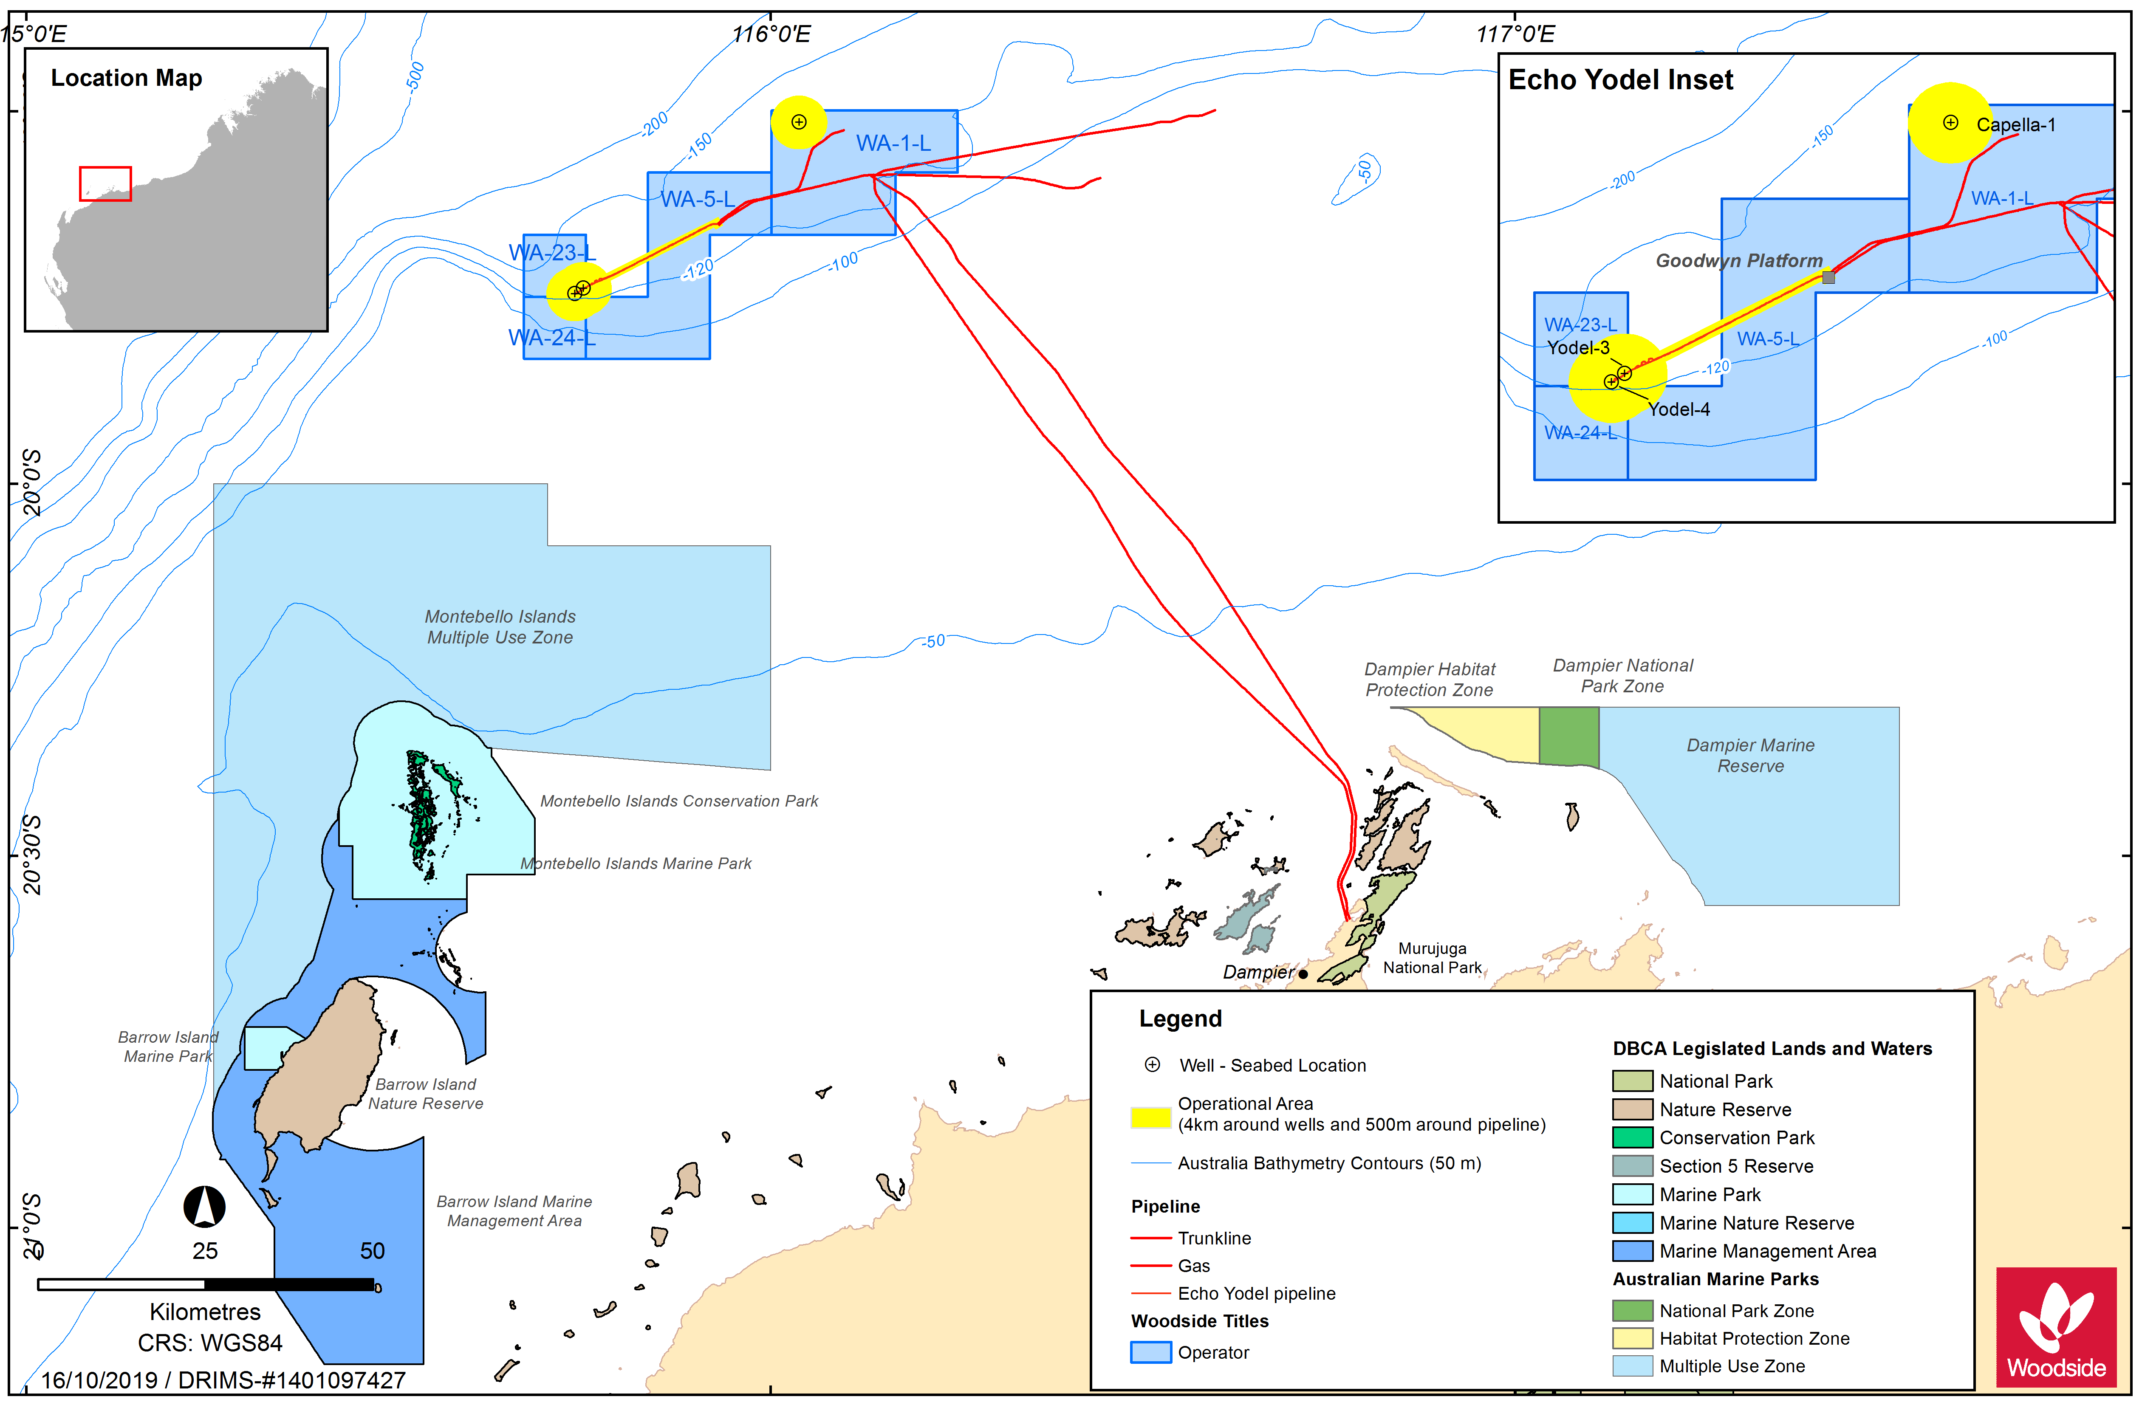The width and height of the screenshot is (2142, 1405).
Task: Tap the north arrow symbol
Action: [204, 1206]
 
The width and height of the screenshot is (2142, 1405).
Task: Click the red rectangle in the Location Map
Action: [105, 183]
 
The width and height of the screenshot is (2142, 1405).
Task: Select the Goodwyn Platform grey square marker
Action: [1828, 277]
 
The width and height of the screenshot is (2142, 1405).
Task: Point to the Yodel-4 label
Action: [1679, 409]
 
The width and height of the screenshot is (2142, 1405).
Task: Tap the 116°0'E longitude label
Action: [771, 34]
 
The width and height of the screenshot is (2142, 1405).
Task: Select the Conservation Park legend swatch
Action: [1632, 1138]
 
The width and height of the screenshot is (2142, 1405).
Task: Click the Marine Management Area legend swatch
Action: [1632, 1251]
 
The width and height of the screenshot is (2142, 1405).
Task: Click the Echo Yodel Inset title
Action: [1620, 80]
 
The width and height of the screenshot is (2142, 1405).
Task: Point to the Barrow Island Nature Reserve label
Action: [426, 1094]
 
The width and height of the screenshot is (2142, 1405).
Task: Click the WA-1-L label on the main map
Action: [893, 143]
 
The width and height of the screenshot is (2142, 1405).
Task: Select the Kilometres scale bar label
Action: [205, 1312]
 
